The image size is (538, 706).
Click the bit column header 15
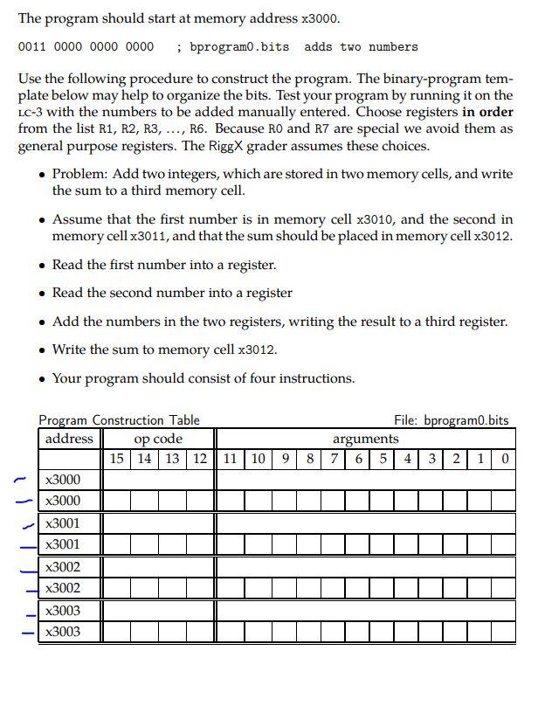[x=117, y=459]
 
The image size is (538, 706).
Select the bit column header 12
[x=200, y=459]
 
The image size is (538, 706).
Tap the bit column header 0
[x=505, y=459]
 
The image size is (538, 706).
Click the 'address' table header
[x=69, y=439]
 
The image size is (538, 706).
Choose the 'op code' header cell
[x=158, y=439]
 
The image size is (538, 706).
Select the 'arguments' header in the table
[x=365, y=439]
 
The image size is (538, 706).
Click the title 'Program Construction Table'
[x=119, y=420]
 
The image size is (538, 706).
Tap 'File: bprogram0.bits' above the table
[x=451, y=420]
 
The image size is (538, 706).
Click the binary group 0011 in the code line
[x=33, y=46]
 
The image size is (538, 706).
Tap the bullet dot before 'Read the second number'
[x=42, y=294]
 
